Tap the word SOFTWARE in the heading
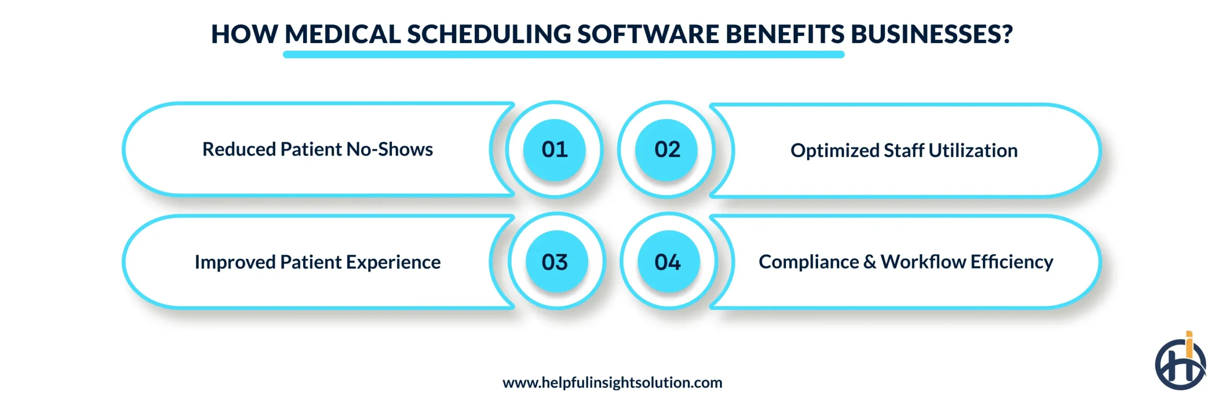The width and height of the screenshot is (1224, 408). [x=648, y=34]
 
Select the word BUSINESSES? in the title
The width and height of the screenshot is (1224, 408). [x=931, y=34]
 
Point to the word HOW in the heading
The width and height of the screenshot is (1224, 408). [x=244, y=34]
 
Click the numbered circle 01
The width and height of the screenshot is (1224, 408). [x=554, y=150]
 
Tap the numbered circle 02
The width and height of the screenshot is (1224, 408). [x=667, y=150]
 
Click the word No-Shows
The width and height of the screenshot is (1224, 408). [x=390, y=150]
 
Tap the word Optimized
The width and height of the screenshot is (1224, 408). [x=834, y=150]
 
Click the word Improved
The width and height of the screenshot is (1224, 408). [x=235, y=262]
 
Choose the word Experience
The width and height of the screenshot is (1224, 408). [x=393, y=262]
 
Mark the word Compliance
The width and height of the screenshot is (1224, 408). [x=809, y=262]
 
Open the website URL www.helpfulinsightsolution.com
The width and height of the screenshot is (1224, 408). [x=612, y=383]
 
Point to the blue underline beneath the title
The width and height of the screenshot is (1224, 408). [x=563, y=55]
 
